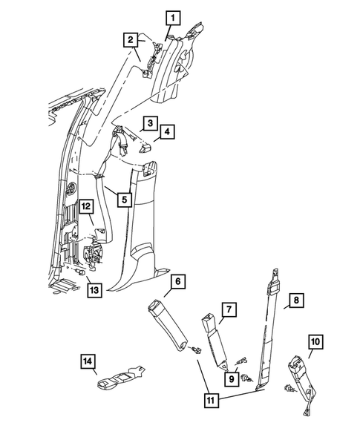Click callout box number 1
pyautogui.click(x=172, y=16)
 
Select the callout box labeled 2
pyautogui.click(x=130, y=39)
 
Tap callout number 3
pyautogui.click(x=149, y=122)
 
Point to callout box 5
pyautogui.click(x=124, y=199)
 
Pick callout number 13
pyautogui.click(x=94, y=289)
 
